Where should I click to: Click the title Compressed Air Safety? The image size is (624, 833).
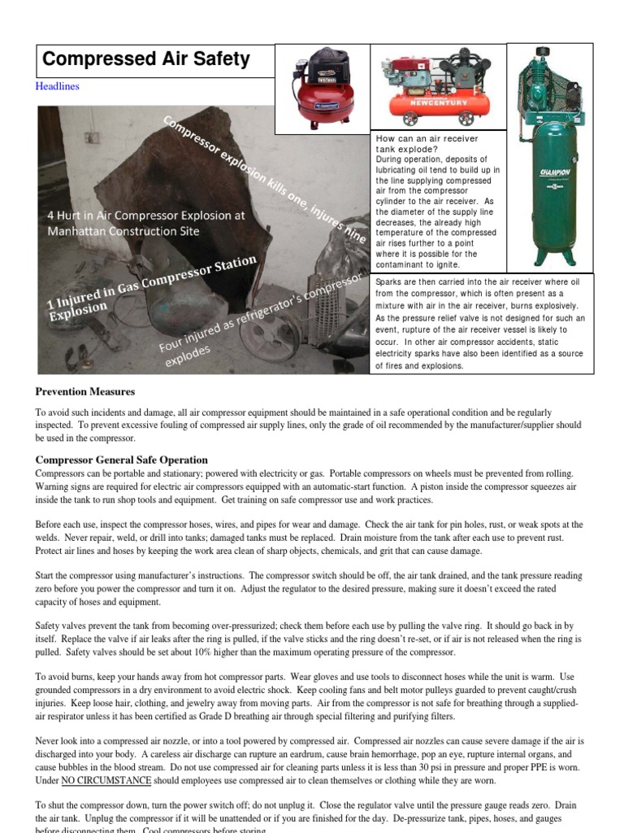pyautogui.click(x=145, y=59)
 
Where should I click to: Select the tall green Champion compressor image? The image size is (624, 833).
pyautogui.click(x=552, y=155)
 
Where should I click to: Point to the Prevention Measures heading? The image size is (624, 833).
pyautogui.click(x=84, y=391)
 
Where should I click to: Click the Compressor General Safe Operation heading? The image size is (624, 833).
pyautogui.click(x=121, y=460)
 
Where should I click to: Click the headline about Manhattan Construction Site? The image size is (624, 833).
pyautogui.click(x=134, y=223)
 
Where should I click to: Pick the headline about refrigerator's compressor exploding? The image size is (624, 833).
pyautogui.click(x=260, y=317)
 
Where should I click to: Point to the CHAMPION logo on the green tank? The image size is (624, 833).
pyautogui.click(x=553, y=172)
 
